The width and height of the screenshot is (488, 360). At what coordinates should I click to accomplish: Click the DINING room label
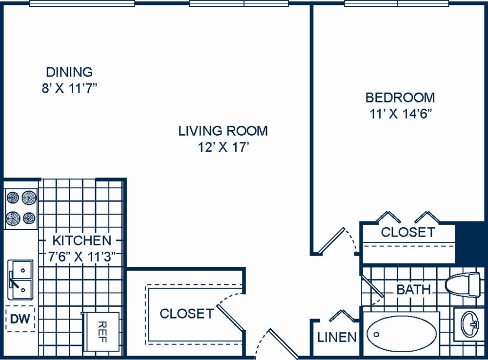(69, 72)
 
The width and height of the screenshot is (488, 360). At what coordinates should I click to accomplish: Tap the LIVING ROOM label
(223, 131)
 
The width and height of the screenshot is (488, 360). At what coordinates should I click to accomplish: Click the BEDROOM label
(400, 98)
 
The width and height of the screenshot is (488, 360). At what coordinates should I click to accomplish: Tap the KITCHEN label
(81, 240)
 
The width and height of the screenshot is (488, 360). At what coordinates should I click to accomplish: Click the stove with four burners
(21, 209)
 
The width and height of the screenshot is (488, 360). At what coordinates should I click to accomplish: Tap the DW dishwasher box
(20, 320)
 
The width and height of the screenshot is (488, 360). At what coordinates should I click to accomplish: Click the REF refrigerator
(101, 332)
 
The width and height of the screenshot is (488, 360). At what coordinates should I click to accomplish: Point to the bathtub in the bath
(402, 334)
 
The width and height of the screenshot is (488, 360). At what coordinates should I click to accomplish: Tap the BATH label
(414, 290)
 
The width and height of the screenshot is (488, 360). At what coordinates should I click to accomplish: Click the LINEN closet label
(337, 337)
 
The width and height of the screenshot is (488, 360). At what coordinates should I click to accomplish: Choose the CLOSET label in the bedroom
(407, 232)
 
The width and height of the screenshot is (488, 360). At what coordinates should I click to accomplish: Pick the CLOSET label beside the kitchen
(186, 314)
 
